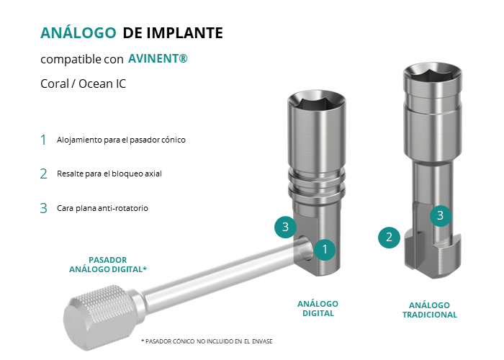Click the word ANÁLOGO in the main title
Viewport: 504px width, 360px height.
(x=78, y=32)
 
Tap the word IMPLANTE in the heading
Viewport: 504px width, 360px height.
(x=185, y=33)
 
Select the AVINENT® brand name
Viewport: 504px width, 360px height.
(x=158, y=58)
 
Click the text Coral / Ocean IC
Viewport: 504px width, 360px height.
(x=83, y=84)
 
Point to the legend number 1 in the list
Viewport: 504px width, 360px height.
(x=43, y=140)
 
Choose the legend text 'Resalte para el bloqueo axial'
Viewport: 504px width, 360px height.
(x=109, y=174)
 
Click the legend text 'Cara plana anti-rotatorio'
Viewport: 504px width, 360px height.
(x=102, y=208)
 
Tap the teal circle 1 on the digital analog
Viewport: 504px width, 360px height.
(x=325, y=249)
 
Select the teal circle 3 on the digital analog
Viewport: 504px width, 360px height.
(x=285, y=227)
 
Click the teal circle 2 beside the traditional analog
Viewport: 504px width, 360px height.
(x=389, y=238)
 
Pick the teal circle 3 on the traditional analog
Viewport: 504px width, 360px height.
(x=441, y=215)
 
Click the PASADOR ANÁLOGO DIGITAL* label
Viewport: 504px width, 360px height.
(x=108, y=264)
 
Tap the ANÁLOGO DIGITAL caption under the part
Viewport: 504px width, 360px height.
(x=318, y=309)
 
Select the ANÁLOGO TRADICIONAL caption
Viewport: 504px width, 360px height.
(x=429, y=310)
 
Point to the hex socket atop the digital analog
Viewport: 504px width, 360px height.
(x=316, y=104)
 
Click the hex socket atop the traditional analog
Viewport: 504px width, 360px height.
(x=432, y=73)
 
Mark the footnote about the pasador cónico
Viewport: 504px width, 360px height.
(x=207, y=341)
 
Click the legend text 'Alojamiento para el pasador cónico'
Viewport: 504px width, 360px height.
(x=121, y=140)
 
